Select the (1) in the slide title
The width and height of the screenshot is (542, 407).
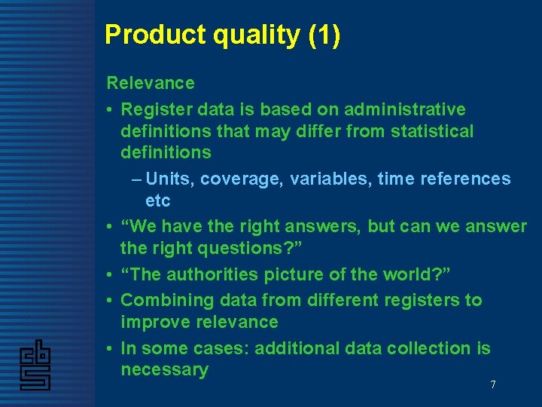tap(324, 35)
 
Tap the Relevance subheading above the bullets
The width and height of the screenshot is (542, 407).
tap(151, 83)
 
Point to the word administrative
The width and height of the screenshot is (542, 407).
tap(402, 110)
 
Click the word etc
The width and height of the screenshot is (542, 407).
tap(157, 201)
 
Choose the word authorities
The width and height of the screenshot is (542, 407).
tap(216, 274)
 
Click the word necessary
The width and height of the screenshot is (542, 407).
tap(164, 370)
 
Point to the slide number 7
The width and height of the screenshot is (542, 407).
tap(493, 385)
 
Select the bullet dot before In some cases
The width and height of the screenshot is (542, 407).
tap(110, 349)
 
